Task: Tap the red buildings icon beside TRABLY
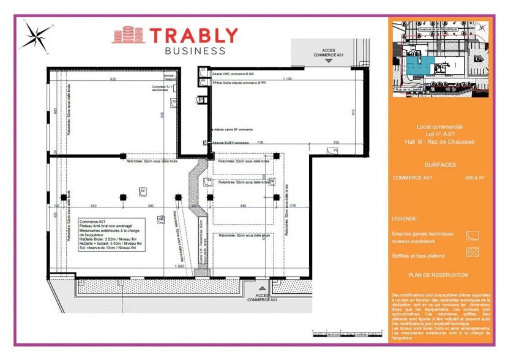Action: pyautogui.click(x=127, y=36)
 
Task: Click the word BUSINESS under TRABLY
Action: pyautogui.click(x=195, y=51)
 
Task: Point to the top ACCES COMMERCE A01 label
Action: pyautogui.click(x=329, y=53)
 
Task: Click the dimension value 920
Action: pyautogui.click(x=113, y=80)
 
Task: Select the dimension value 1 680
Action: pyautogui.click(x=180, y=267)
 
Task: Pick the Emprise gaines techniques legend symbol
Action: pyautogui.click(x=472, y=235)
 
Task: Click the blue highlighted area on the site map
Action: pyautogui.click(x=422, y=64)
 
